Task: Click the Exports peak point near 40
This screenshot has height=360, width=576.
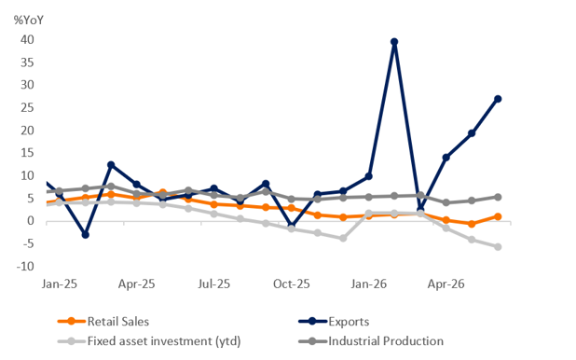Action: [394, 42]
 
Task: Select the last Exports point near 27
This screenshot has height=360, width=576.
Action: [498, 99]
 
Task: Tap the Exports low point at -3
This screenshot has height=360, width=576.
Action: [85, 234]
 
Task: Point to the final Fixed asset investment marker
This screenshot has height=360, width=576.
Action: [498, 247]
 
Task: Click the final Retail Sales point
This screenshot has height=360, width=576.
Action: [498, 216]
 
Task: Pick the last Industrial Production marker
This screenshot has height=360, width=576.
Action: [498, 197]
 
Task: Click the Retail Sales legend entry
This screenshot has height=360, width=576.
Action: [103, 322]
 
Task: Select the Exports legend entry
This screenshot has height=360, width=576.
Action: [334, 322]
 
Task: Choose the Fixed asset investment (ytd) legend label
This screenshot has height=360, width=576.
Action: [164, 341]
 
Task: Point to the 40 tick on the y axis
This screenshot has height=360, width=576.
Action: [27, 39]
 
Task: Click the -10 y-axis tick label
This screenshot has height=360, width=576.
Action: [25, 266]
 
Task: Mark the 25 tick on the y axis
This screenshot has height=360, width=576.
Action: [27, 107]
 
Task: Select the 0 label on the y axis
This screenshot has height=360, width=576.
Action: [31, 221]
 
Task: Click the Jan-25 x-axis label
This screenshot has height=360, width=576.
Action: [60, 284]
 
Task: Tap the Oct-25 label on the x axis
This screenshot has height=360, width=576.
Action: [292, 284]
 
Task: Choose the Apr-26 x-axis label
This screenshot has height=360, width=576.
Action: [446, 284]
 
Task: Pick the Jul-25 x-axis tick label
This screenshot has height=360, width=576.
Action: [214, 284]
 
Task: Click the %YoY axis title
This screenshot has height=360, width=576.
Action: [29, 20]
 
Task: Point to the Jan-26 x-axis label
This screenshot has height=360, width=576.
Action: [369, 284]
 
